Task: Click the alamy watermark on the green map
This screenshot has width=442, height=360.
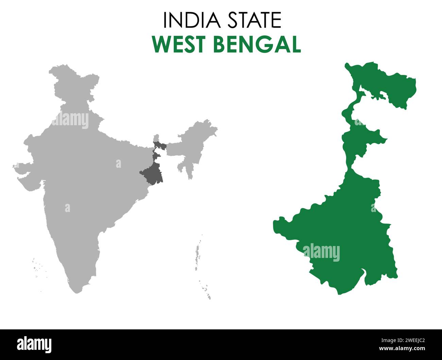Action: click(x=321, y=252)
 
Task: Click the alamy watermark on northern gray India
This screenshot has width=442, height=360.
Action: click(x=71, y=120)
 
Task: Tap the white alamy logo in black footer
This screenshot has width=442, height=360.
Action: click(x=34, y=344)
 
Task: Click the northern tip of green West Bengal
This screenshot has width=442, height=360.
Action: click(x=347, y=64)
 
